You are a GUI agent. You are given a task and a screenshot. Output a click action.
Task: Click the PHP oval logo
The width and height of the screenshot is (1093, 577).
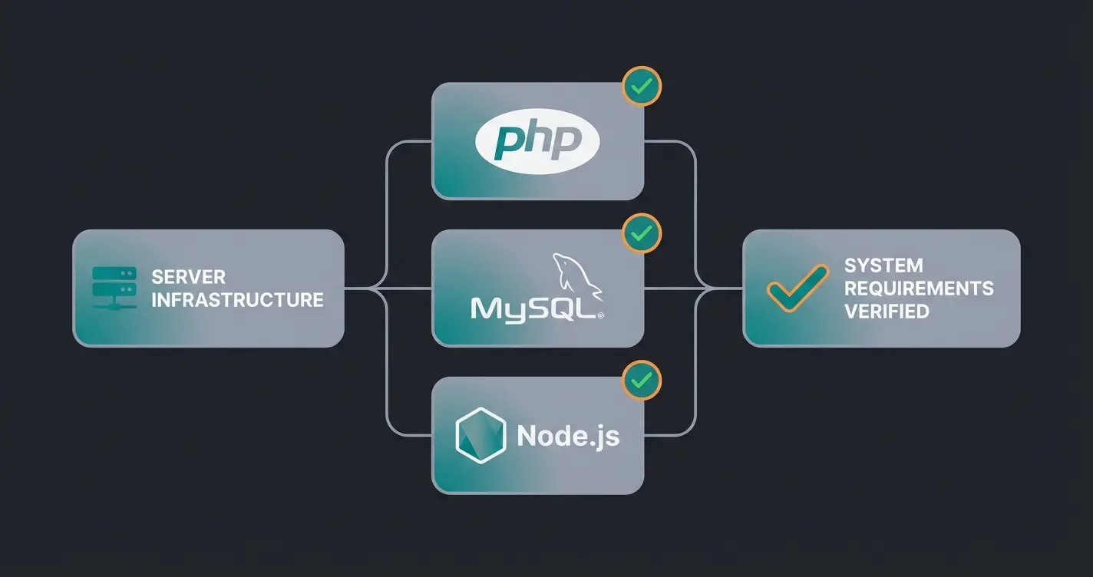pyautogui.click(x=537, y=142)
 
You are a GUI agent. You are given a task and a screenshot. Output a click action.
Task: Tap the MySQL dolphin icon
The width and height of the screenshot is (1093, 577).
pyautogui.click(x=578, y=277)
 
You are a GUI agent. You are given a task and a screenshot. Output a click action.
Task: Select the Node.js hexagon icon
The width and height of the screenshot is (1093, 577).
pyautogui.click(x=480, y=436)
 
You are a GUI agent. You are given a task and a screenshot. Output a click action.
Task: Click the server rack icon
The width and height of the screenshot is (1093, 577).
pyautogui.click(x=114, y=288)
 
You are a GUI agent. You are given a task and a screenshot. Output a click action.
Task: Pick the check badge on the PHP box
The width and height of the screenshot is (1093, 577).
pyautogui.click(x=642, y=87)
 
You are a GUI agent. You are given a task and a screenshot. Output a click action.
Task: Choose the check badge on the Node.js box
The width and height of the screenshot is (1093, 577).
pyautogui.click(x=642, y=380)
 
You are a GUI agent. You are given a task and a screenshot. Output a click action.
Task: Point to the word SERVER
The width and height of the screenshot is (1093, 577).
pyautogui.click(x=188, y=276)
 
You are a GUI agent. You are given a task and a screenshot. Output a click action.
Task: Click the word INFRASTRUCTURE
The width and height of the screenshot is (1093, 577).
pyautogui.click(x=237, y=299)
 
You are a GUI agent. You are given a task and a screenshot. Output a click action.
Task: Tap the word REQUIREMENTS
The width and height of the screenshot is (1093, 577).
pyautogui.click(x=919, y=288)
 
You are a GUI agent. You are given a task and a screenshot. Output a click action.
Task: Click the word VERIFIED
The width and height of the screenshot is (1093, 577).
pyautogui.click(x=887, y=312)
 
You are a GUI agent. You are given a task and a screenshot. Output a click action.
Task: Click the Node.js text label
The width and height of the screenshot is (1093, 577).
pyautogui.click(x=568, y=436)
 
